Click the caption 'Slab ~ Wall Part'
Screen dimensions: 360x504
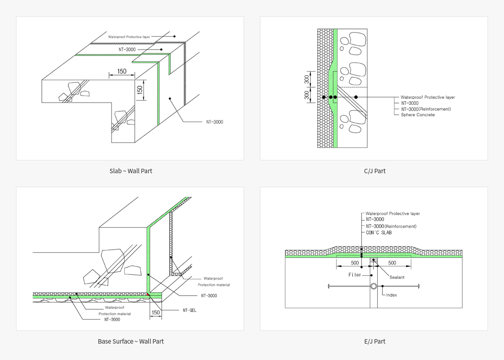click(131, 171)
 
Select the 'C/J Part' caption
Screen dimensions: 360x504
click(374, 171)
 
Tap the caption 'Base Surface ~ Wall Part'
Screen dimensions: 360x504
click(131, 341)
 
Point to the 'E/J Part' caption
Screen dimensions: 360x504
click(374, 341)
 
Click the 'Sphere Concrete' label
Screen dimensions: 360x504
click(418, 115)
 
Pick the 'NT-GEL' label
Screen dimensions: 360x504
click(190, 310)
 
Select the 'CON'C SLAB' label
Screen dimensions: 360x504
click(378, 232)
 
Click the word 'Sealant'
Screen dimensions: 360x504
click(397, 277)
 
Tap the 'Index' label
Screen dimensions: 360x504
click(392, 295)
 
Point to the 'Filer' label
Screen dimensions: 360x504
click(355, 275)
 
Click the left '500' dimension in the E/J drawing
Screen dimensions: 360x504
click(355, 263)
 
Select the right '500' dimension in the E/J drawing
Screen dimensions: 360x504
click(392, 263)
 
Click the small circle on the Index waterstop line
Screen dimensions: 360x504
click(374, 286)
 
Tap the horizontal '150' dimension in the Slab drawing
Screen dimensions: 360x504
click(122, 71)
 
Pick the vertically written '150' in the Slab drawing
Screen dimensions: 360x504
click(140, 90)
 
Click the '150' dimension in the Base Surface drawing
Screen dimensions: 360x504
click(156, 312)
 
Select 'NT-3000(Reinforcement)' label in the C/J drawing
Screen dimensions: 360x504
click(426, 109)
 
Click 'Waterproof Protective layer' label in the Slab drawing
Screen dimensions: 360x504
click(129, 37)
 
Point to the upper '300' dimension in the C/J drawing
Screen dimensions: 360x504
click(307, 80)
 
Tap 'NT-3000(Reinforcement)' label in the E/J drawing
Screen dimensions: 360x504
click(391, 226)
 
